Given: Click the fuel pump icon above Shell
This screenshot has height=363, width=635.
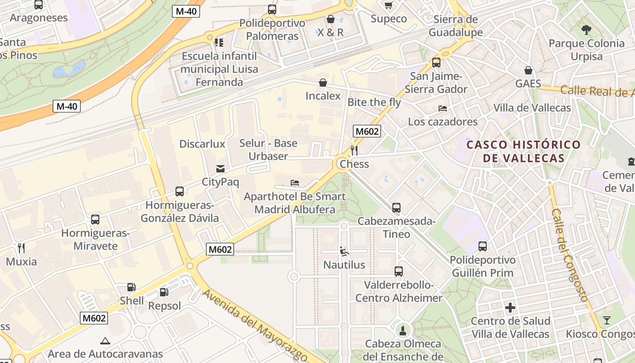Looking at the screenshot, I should point(131,287).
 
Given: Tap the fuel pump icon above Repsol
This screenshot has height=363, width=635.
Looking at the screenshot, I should point(164,292).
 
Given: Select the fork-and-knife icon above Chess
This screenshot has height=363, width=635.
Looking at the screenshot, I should point(354,150).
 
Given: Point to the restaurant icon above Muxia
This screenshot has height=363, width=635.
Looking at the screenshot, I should point(21,248).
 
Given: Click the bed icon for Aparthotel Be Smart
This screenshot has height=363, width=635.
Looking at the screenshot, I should point(295,183).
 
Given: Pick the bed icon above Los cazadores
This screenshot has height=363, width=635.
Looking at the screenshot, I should point(443,108).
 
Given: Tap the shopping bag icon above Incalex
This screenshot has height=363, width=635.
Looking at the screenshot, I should point(323,82).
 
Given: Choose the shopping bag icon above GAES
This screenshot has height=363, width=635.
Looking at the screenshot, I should point(528,70).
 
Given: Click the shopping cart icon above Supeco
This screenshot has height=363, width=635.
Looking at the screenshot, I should point(389,5).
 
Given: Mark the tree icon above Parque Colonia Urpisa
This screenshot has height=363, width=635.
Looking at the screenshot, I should point(586,30).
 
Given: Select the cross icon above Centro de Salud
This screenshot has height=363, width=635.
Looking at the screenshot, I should point(510,308).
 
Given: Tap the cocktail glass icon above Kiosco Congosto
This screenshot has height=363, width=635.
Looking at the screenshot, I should point(606,320).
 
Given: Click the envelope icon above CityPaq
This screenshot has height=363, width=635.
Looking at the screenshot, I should point(220,169).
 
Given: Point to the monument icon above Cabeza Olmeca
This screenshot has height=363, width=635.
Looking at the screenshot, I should point(402,330).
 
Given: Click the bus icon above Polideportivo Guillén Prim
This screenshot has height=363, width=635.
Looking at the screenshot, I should point(483,246).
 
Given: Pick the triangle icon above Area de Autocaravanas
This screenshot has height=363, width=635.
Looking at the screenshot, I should point(105,340).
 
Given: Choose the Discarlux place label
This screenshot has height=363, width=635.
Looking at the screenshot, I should point(202,144).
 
